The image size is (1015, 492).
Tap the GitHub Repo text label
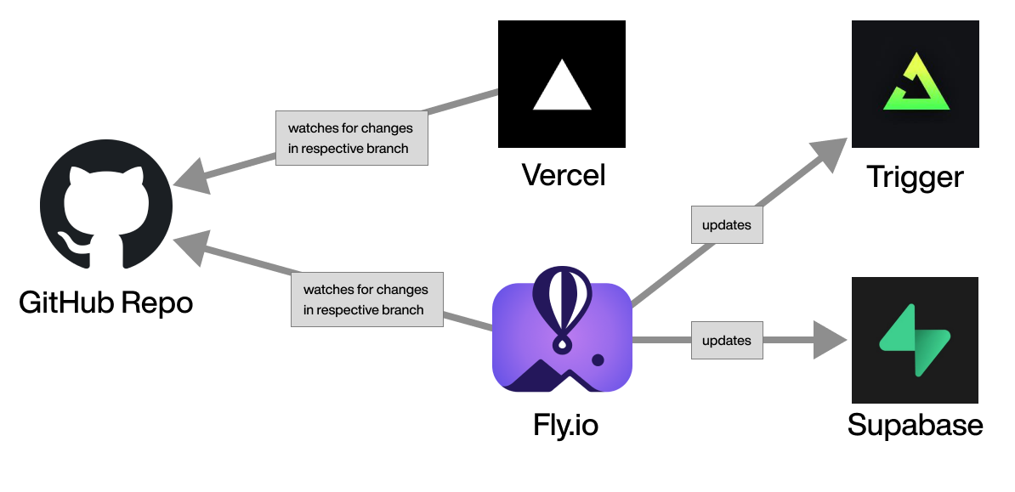[x=106, y=302]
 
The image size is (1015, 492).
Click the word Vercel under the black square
[x=563, y=176]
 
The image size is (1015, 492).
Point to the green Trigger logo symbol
[x=916, y=85]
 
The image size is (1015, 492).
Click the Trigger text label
[x=915, y=177]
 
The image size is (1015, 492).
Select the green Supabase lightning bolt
[x=914, y=340]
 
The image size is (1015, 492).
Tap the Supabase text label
[x=915, y=425]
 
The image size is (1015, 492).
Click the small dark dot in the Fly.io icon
[x=598, y=360]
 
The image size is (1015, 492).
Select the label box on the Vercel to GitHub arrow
[x=351, y=139]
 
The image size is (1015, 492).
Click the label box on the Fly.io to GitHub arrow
[x=366, y=300]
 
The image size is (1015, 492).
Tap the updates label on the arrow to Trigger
[x=726, y=225]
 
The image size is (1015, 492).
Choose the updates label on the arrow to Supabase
[x=726, y=341]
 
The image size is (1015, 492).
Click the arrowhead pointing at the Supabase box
[x=831, y=340]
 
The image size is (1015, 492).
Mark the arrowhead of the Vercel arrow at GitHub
[x=190, y=177]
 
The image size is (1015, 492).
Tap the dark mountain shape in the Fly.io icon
[x=544, y=378]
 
